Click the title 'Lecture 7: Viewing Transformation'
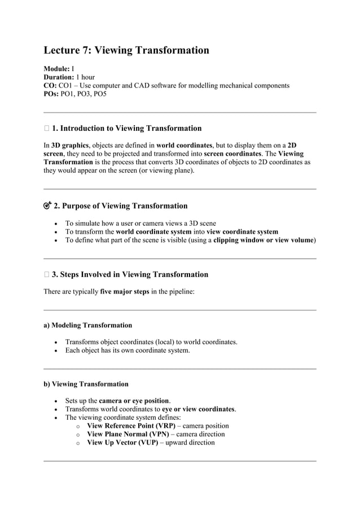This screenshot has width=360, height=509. coord(126,51)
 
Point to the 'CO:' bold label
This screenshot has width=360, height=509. coord(51,86)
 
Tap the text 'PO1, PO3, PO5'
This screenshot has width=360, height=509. coord(83,94)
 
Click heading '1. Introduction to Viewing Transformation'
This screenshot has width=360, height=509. coord(126,129)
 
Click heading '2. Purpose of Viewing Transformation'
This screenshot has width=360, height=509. coord(120,206)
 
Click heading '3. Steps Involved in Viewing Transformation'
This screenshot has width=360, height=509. coord(130,275)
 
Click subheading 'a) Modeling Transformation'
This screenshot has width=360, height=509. coord(88,325)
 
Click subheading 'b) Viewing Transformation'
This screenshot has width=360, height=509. coord(86,384)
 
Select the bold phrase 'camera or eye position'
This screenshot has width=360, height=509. coord(134,401)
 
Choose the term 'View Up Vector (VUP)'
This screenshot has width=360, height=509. coord(122,442)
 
